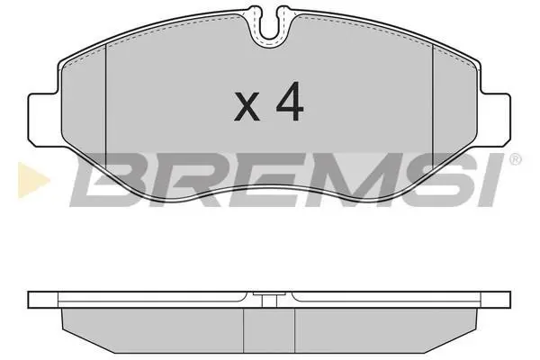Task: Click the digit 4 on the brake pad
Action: [290, 102]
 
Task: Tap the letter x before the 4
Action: [247, 107]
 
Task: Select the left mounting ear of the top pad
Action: [42, 119]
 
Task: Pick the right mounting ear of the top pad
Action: [496, 119]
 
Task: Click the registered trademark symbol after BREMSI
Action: [515, 159]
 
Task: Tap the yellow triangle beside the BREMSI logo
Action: [32, 180]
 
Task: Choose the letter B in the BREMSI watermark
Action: [111, 180]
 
